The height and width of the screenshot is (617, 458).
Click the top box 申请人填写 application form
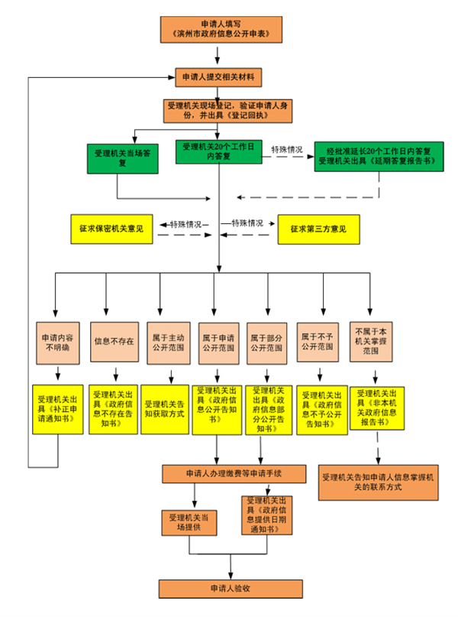tap(218, 29)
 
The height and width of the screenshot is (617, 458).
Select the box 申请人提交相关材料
tap(219, 77)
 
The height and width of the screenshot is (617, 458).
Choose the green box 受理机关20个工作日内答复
tap(219, 151)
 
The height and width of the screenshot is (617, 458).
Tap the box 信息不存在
tap(114, 341)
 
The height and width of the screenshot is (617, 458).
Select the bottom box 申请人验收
tap(231, 588)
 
